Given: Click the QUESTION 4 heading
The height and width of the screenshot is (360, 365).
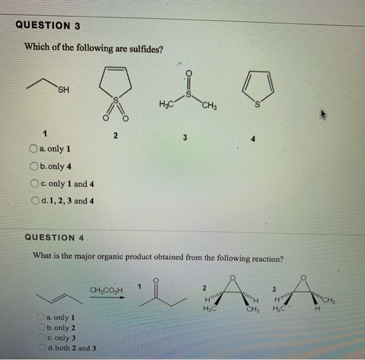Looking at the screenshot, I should (x=55, y=237).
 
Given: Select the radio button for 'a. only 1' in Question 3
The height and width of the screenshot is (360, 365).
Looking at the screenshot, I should (x=34, y=149).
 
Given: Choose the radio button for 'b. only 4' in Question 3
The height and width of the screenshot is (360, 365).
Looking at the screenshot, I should (x=34, y=166).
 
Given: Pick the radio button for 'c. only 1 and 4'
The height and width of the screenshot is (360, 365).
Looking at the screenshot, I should (x=34, y=184).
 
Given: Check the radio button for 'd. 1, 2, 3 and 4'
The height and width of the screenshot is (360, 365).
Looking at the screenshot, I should (x=34, y=200).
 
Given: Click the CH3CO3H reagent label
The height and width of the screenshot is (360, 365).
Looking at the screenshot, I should (x=106, y=290).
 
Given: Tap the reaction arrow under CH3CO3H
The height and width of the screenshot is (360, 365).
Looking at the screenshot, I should (x=107, y=297).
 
